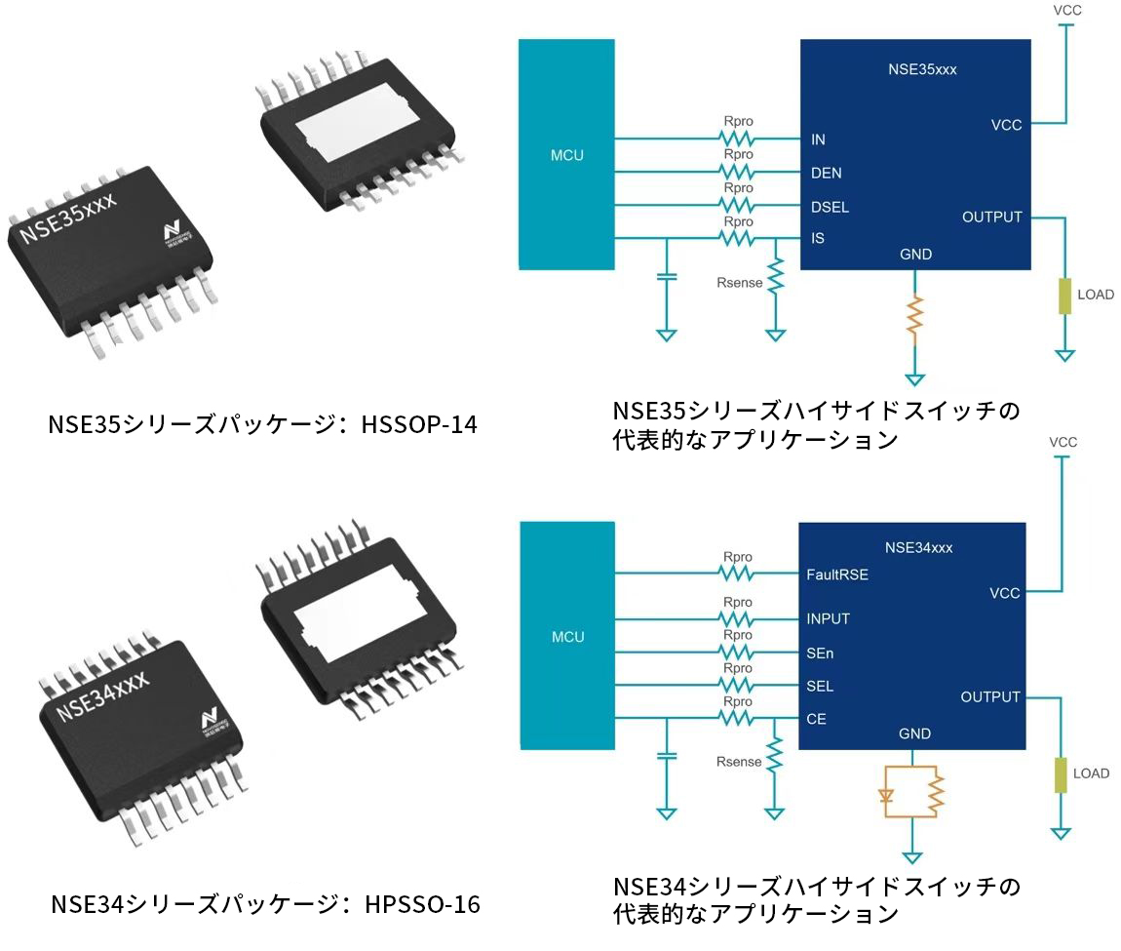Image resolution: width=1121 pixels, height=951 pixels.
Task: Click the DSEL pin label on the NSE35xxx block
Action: [830, 207]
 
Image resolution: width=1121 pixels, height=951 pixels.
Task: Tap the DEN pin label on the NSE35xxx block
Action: [826, 174]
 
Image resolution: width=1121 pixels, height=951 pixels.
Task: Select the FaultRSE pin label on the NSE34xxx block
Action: [836, 575]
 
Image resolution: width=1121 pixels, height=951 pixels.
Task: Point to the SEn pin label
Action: [820, 653]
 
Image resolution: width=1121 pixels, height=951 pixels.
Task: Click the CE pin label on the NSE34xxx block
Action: [816, 720]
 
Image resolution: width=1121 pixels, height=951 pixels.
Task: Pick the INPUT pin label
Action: [828, 618]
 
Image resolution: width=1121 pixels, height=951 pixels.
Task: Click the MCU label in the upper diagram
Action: [567, 154]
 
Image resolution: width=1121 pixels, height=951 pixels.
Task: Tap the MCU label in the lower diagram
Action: [567, 637]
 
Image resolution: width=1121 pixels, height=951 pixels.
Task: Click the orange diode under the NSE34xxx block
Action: [886, 793]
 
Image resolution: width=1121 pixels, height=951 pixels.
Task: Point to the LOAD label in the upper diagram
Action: [1095, 294]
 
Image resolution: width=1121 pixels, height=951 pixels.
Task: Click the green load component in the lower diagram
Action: [1062, 775]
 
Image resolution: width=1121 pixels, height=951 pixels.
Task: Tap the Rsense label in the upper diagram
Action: [739, 283]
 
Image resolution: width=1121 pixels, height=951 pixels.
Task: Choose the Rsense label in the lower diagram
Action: [739, 762]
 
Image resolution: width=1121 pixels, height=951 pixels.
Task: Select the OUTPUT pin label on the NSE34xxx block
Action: [990, 696]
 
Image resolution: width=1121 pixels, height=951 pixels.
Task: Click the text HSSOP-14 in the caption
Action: [420, 424]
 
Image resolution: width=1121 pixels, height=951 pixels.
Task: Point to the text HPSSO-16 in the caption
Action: [423, 904]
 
